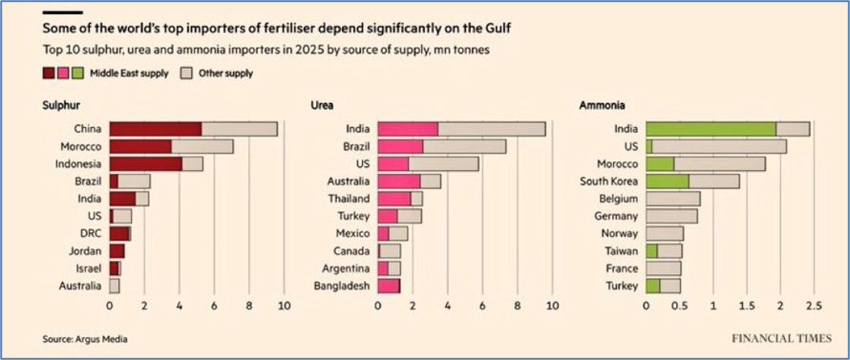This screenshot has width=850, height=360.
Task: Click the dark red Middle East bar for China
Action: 156,129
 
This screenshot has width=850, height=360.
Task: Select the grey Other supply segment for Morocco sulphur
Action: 202,147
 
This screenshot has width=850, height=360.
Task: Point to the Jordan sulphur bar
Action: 117,251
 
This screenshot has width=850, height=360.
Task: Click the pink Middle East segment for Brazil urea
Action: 400,147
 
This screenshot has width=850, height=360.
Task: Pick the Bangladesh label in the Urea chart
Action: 342,286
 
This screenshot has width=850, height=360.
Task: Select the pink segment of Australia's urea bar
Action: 399,181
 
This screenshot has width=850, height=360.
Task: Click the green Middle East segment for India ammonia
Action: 712,129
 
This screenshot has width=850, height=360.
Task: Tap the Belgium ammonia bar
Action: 672,199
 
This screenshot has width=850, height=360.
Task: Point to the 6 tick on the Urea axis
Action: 482,306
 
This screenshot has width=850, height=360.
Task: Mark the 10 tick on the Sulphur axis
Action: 284,306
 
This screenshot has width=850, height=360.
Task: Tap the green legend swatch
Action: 76,74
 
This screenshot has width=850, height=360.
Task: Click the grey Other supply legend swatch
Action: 184,74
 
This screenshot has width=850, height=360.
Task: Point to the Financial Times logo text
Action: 780,339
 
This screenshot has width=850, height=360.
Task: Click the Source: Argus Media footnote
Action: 85,339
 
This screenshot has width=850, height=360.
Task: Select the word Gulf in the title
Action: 497,29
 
